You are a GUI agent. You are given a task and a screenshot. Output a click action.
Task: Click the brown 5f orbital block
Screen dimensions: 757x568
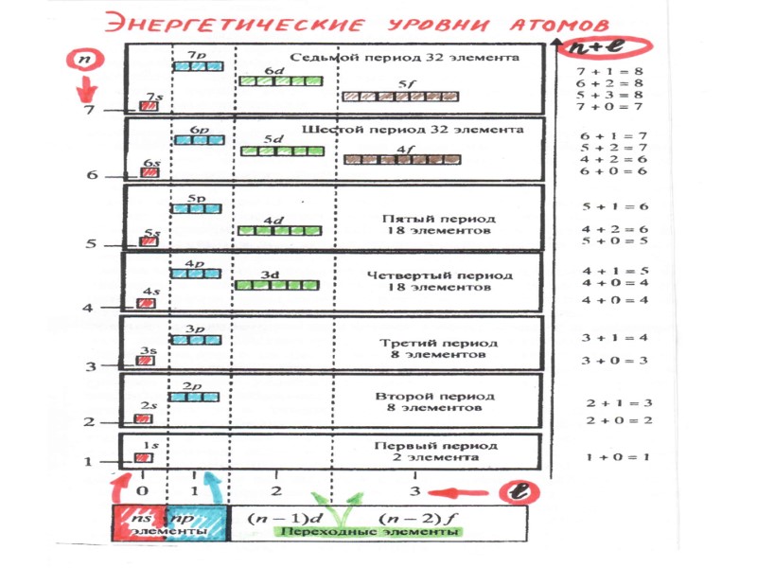coord(400,97)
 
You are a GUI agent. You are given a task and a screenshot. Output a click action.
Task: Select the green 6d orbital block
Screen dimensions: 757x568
coord(281,81)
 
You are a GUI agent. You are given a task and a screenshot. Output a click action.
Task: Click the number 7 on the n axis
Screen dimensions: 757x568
coord(90,111)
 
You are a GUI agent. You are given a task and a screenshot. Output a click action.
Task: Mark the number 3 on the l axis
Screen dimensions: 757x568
coord(414,491)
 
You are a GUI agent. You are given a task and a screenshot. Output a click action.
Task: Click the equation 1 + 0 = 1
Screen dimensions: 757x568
coord(617,457)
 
